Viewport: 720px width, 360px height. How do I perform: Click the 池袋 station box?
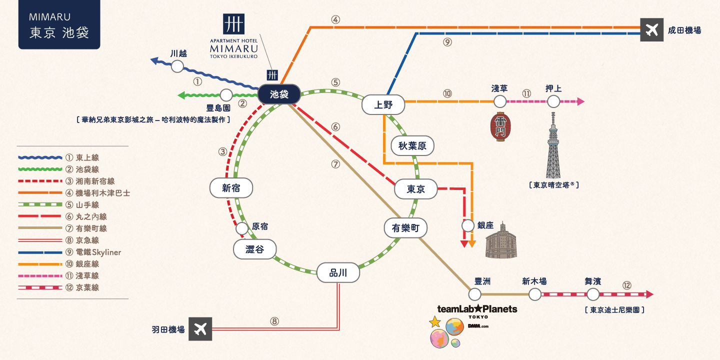(279, 94)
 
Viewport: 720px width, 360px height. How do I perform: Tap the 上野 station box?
(383, 104)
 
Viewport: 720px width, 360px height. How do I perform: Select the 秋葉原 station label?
(412, 146)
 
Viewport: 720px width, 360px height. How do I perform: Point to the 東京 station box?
(415, 189)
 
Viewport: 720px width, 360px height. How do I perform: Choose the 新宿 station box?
(231, 188)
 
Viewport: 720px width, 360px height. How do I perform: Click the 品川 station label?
(338, 273)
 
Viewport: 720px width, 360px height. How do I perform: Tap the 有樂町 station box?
(405, 228)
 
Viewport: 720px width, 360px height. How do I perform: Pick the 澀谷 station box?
(255, 249)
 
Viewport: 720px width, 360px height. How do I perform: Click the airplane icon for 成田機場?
(652, 30)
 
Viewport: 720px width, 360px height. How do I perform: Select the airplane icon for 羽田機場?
(200, 329)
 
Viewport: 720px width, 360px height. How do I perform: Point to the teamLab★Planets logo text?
(477, 309)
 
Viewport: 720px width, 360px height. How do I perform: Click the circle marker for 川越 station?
(177, 66)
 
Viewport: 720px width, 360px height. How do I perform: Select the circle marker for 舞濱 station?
(592, 294)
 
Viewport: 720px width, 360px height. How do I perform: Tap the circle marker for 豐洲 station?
(474, 294)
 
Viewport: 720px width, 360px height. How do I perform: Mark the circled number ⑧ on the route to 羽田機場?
(274, 321)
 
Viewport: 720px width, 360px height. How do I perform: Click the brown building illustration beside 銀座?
(501, 241)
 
